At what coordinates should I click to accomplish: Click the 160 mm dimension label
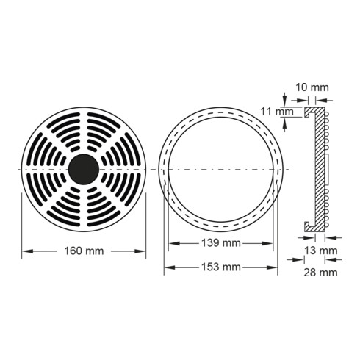tap(84, 251)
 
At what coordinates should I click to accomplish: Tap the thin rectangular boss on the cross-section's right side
tap(326, 170)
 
